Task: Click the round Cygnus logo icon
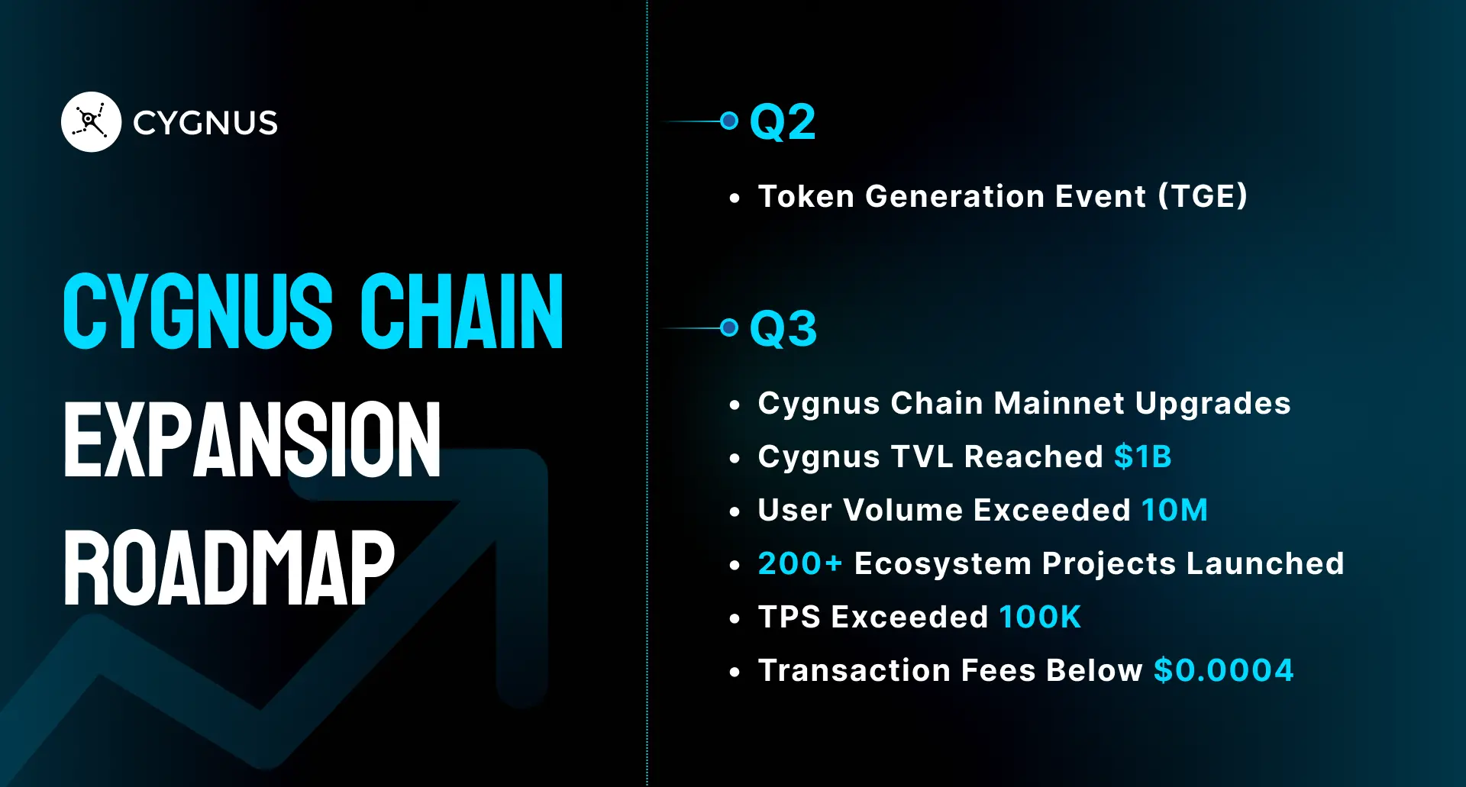(x=91, y=122)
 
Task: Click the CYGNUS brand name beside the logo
(x=205, y=123)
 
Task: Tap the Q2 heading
(x=783, y=122)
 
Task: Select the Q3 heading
(x=783, y=329)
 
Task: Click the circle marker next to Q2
(x=729, y=121)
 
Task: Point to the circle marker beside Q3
(x=729, y=327)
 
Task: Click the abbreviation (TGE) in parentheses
(x=1203, y=196)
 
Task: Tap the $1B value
(x=1142, y=456)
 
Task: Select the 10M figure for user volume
(x=1174, y=510)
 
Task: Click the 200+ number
(x=799, y=563)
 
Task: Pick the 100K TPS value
(x=1040, y=617)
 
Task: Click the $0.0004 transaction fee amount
(x=1223, y=670)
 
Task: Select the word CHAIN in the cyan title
(x=461, y=311)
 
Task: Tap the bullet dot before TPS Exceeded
(x=735, y=619)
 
